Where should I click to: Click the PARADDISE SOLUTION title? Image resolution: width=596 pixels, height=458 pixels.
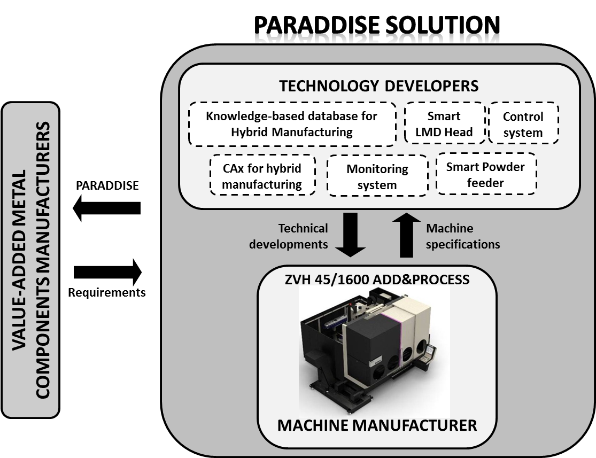[x=377, y=25]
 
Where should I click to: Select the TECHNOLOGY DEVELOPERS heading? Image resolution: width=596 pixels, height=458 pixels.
[x=379, y=86]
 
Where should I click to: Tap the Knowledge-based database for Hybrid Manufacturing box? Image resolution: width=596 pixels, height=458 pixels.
[x=292, y=124]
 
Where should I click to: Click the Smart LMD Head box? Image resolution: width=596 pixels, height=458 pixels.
[x=444, y=123]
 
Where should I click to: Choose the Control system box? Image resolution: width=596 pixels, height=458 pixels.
[x=523, y=123]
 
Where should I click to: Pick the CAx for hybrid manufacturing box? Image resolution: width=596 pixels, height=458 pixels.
[x=262, y=175]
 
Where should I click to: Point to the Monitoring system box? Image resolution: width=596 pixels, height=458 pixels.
[x=377, y=176]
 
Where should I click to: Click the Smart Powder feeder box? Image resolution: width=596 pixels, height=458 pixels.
[x=486, y=174]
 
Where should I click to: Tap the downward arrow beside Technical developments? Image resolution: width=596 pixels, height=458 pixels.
[x=350, y=235]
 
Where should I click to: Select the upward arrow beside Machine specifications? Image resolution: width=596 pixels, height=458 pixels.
[x=406, y=235]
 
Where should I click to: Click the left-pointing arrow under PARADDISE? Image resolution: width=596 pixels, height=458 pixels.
[x=107, y=208]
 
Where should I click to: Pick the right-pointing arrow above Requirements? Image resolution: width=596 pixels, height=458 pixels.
[x=107, y=272]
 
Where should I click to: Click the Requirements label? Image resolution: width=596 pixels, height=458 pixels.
[x=107, y=292]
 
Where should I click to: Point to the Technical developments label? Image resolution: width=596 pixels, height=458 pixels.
[x=289, y=236]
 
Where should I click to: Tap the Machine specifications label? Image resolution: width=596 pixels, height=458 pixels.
[x=463, y=236]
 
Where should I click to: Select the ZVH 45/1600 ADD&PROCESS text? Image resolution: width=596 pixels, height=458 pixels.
[x=377, y=280]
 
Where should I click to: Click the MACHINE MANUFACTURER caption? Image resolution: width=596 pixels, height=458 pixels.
[x=377, y=425]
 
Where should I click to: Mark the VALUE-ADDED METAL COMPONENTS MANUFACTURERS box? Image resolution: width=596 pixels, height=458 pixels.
[x=30, y=260]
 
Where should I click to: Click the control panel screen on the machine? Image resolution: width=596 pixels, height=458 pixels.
[x=431, y=351]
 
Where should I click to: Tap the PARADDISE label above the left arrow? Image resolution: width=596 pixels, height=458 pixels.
[x=107, y=185]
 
